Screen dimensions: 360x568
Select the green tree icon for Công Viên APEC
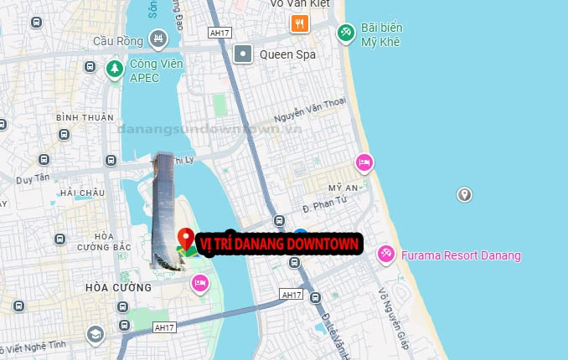tap(115, 69)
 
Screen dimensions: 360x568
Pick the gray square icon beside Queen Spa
tap(243, 54)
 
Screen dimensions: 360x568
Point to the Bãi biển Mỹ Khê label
tap(380, 33)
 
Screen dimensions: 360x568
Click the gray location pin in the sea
tap(464, 194)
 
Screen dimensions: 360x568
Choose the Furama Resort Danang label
tap(461, 255)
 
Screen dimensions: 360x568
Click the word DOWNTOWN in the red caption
tap(323, 244)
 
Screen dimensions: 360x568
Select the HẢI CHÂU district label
tap(82, 193)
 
